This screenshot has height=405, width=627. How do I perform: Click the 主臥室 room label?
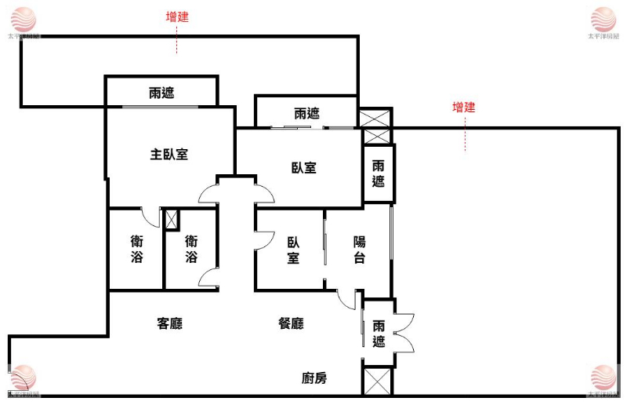pyautogui.click(x=169, y=154)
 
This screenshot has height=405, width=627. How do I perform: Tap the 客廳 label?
pyautogui.click(x=169, y=323)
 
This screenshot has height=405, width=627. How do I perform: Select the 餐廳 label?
pyautogui.click(x=292, y=323)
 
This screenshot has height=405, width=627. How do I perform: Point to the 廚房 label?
pyautogui.click(x=314, y=378)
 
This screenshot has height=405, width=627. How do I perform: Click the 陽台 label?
pyautogui.click(x=359, y=250)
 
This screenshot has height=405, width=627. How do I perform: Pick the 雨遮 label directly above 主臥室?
pyautogui.click(x=161, y=93)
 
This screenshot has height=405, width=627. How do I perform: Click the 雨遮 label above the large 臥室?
pyautogui.click(x=306, y=113)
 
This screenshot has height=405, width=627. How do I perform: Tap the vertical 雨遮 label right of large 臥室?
pyautogui.click(x=379, y=173)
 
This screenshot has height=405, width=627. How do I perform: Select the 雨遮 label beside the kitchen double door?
pyautogui.click(x=379, y=334)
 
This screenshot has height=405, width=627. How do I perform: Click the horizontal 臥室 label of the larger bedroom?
pyautogui.click(x=304, y=167)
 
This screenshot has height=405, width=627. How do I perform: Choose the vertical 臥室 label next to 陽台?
pyautogui.click(x=292, y=250)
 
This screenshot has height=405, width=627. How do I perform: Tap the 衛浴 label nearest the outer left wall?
pyautogui.click(x=136, y=250)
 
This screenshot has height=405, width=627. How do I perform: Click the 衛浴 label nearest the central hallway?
pyautogui.click(x=191, y=250)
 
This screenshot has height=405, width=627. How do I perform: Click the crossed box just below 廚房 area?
pyautogui.click(x=377, y=381)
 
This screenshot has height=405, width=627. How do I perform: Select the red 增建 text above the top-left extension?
pyautogui.click(x=177, y=16)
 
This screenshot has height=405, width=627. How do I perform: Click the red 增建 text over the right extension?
pyautogui.click(x=464, y=108)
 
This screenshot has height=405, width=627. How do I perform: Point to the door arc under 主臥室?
pyautogui.click(x=150, y=217)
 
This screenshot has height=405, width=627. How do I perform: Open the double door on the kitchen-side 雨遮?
pyautogui.click(x=406, y=333)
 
